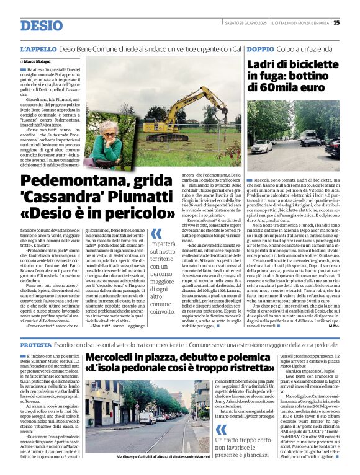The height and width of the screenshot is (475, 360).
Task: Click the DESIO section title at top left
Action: pos(42,25)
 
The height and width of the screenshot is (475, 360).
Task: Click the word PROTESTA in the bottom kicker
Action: pos(35,344)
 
